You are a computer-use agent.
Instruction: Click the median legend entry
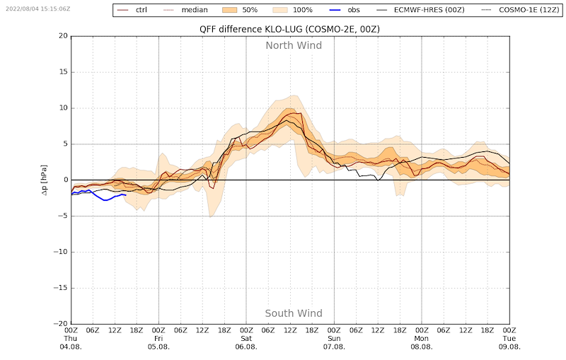tap(185, 10)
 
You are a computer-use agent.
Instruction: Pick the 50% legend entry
tap(240, 10)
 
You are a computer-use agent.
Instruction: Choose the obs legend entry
tap(345, 10)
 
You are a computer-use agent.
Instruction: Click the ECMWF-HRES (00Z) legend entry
tap(420, 10)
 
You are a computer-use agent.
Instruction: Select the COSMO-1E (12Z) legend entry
tap(520, 10)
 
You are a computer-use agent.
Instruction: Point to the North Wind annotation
tap(294, 45)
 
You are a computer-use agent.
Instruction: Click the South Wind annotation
tap(294, 313)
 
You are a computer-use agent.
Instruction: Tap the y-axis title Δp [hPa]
tap(44, 180)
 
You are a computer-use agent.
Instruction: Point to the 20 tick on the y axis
tap(64, 35)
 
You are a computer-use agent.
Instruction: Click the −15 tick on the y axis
tap(61, 288)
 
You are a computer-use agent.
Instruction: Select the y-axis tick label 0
tap(66, 180)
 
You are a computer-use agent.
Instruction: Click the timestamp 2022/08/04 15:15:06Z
tap(38, 8)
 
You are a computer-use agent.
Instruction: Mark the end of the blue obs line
tap(126, 194)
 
